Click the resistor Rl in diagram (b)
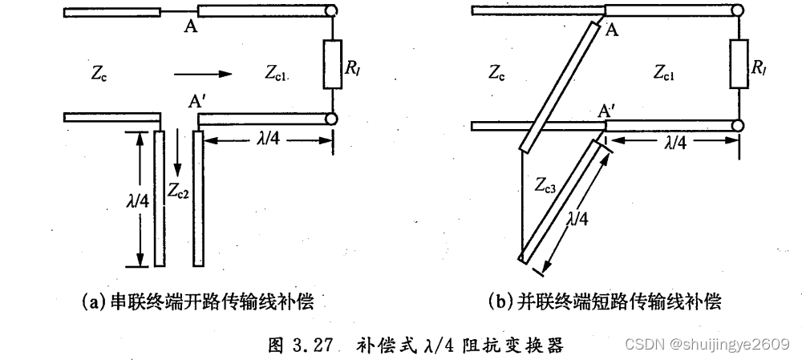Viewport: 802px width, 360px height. click(736, 67)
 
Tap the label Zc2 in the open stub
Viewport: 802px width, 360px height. click(178, 190)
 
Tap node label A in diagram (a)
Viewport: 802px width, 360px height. click(191, 27)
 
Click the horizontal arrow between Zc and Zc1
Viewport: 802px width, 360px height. click(202, 74)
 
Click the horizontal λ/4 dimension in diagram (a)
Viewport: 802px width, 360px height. click(269, 138)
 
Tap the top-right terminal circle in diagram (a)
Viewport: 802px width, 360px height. click(333, 10)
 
